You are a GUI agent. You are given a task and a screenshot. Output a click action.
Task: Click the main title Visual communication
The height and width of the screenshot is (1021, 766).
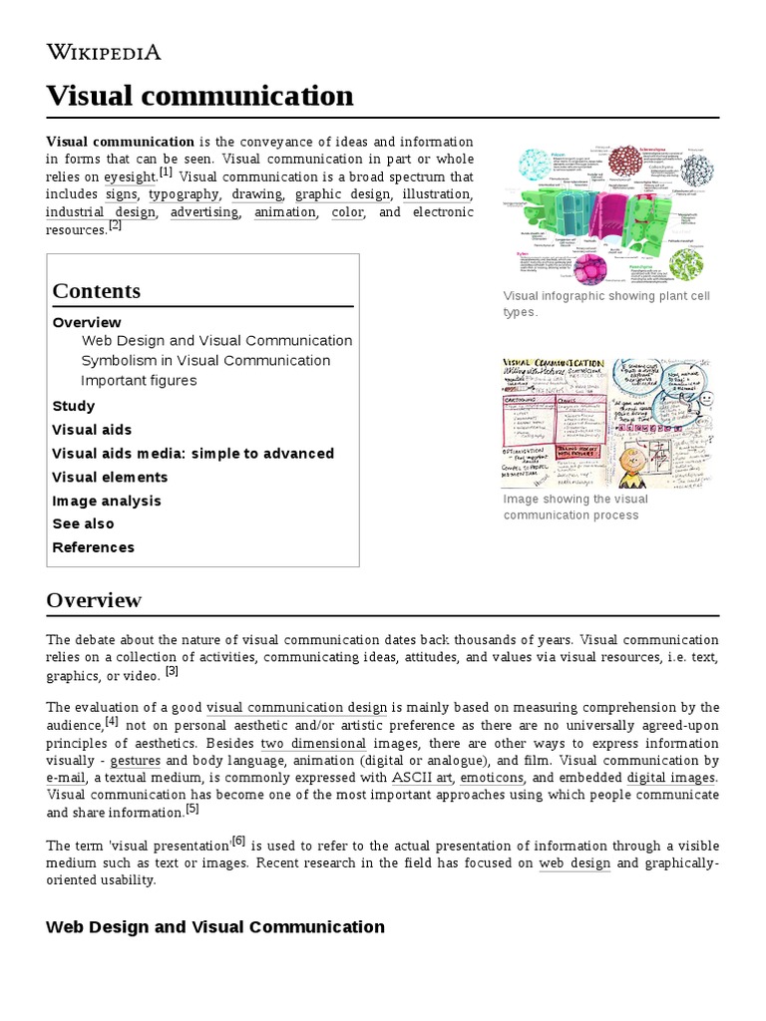(199, 96)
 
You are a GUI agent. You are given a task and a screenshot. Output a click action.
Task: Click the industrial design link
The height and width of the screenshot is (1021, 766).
(100, 212)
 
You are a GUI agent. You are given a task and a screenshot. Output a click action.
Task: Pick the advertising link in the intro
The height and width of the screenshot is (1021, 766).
(203, 212)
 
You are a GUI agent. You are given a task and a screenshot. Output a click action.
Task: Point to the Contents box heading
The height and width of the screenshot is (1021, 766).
(96, 291)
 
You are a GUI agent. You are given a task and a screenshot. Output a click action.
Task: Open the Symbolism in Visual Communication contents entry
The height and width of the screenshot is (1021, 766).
(204, 360)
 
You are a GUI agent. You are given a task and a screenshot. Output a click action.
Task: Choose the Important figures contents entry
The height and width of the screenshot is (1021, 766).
(139, 380)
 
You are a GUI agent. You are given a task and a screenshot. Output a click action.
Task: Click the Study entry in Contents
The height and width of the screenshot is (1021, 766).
(73, 406)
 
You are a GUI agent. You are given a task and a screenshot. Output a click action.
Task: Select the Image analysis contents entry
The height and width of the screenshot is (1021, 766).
(106, 501)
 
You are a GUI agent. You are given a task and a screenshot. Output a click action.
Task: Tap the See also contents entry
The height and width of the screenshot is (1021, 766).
(83, 523)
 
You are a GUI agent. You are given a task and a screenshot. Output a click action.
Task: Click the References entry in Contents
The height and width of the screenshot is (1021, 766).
(93, 547)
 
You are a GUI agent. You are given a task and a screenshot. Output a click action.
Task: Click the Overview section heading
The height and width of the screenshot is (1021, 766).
(94, 600)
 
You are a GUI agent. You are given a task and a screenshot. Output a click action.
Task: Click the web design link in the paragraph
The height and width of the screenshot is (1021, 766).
(574, 862)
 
